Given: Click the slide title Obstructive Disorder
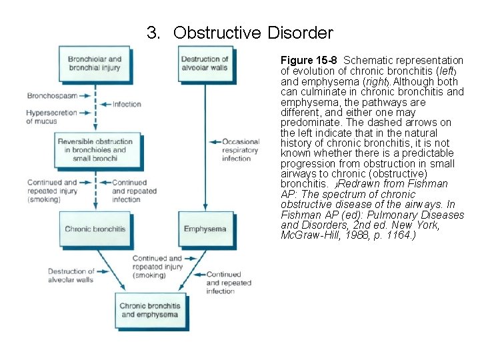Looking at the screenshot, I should coord(253,32).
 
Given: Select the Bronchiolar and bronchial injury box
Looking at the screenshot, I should coord(94,64).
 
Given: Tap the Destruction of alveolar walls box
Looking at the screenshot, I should coord(204,64).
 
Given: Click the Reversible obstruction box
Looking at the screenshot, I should coord(94,151).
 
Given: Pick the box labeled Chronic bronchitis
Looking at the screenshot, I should coord(95,229).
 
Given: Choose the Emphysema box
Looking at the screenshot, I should coord(205,229).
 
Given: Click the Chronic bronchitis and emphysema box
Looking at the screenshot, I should coord(149,311).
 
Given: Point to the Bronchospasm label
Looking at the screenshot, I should coord(52,96).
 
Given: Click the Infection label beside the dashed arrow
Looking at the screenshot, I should coord(127,104).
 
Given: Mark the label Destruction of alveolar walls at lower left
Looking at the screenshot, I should coord(71,275).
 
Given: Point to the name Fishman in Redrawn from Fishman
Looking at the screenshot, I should coord(431,184).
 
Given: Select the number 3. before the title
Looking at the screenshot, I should coord(154,32).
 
